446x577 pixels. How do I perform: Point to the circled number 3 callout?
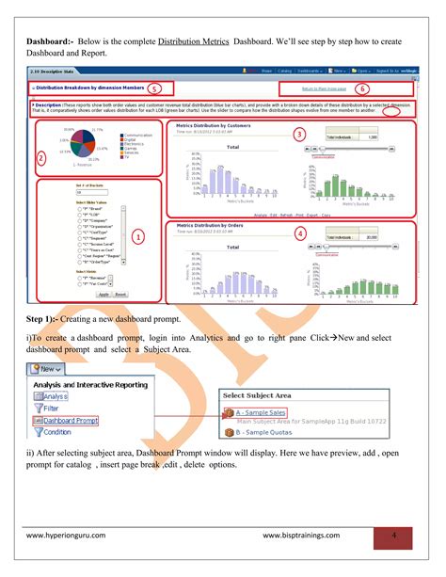[299, 135]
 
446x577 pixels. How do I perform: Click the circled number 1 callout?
[138, 237]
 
